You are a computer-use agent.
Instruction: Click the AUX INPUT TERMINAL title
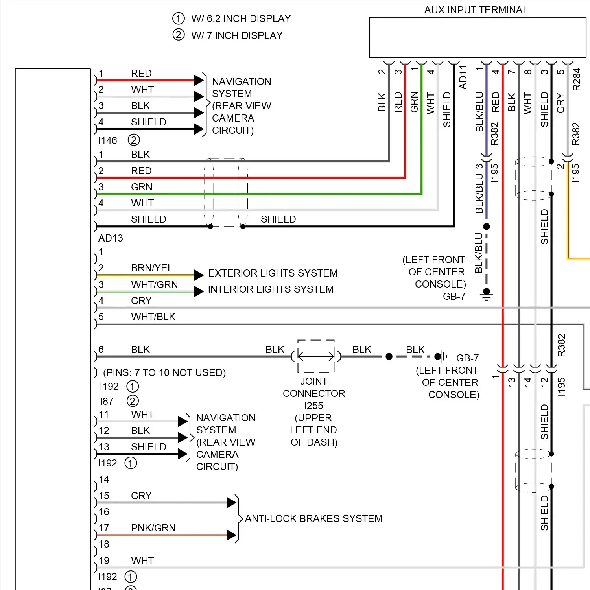[476, 10]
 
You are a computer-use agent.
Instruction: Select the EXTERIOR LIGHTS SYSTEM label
[273, 273]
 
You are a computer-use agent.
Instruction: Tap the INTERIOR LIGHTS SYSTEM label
[271, 289]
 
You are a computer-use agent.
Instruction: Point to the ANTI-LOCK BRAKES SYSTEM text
[313, 518]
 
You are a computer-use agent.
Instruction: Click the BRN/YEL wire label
[152, 268]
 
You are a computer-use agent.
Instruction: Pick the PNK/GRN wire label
[153, 528]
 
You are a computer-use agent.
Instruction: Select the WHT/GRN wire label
[154, 284]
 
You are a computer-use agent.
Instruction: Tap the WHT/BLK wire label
[153, 317]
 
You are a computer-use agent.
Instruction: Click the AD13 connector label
[111, 238]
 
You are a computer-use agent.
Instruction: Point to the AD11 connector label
[463, 77]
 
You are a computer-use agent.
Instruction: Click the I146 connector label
[108, 140]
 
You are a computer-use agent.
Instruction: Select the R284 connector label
[576, 79]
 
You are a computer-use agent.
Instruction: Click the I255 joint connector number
[313, 406]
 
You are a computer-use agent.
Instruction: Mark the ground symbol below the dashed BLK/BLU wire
[487, 295]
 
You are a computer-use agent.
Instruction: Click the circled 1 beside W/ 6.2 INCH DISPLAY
[178, 18]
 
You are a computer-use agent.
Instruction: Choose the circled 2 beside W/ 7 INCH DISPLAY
[178, 35]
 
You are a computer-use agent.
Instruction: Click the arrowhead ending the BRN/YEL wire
[199, 275]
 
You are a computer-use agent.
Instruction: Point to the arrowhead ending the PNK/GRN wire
[231, 535]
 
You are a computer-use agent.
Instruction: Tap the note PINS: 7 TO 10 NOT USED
[164, 372]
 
